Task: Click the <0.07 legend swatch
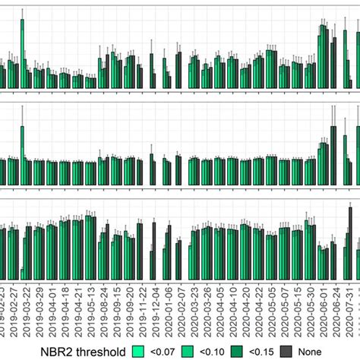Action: pyautogui.click(x=139, y=350)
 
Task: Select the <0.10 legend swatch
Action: pyautogui.click(x=191, y=350)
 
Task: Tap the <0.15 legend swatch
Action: pyautogui.click(x=244, y=350)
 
